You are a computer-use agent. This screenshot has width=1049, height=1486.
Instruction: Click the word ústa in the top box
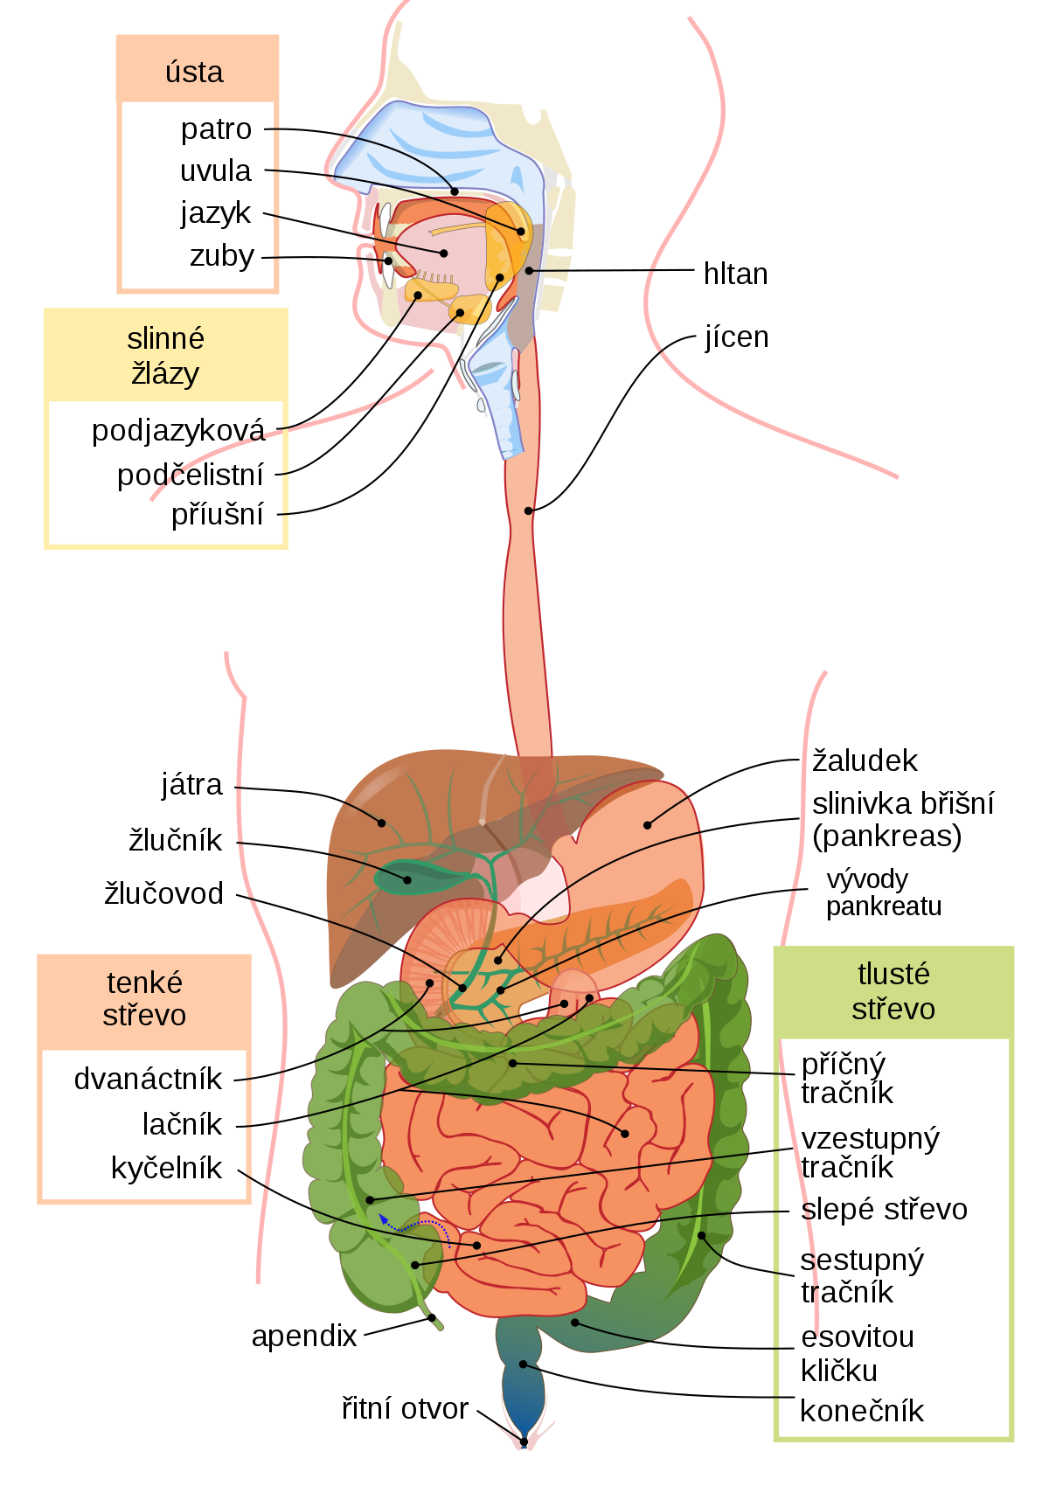pyautogui.click(x=194, y=72)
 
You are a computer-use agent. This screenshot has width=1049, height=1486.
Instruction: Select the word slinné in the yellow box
pyautogui.click(x=165, y=338)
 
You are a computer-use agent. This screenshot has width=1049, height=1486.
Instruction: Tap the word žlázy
pyautogui.click(x=165, y=374)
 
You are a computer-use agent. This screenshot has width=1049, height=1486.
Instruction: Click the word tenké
pyautogui.click(x=144, y=983)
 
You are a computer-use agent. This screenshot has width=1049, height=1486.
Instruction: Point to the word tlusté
pyautogui.click(x=893, y=974)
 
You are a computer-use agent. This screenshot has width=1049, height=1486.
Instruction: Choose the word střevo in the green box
pyautogui.click(x=893, y=1010)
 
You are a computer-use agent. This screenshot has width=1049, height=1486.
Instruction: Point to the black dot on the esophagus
pyautogui.click(x=528, y=510)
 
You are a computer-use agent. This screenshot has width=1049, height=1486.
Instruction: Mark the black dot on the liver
pyautogui.click(x=382, y=823)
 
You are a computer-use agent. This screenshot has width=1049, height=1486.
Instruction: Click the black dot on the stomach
pyautogui.click(x=648, y=824)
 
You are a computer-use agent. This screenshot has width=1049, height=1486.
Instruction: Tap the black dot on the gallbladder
pyautogui.click(x=407, y=879)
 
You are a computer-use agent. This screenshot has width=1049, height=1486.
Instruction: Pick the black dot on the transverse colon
pyautogui.click(x=513, y=1063)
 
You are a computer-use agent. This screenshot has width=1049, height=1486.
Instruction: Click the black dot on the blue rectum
pyautogui.click(x=523, y=1364)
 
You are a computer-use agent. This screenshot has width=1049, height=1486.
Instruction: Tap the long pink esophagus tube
pyautogui.click(x=527, y=612)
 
